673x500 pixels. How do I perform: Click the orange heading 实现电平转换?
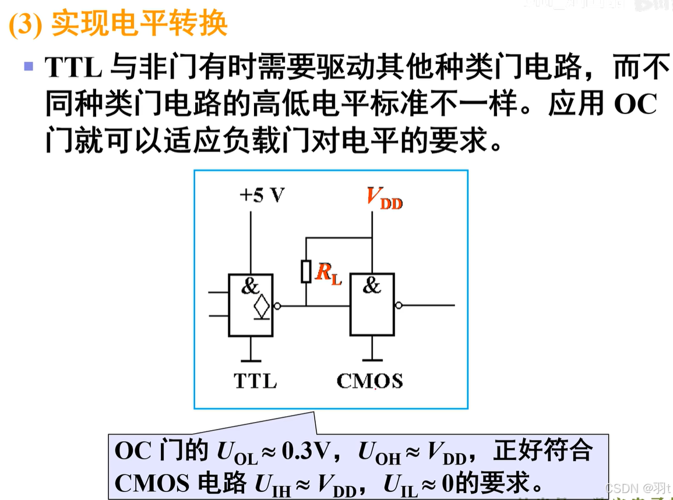point(139,24)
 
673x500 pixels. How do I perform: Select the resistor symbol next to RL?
point(306,272)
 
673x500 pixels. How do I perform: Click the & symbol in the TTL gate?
point(249,286)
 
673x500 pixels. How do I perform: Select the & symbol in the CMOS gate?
point(371,286)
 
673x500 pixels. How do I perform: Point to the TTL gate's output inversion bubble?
point(277,305)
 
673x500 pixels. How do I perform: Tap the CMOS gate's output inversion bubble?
point(399,305)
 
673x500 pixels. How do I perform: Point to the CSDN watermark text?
point(637,487)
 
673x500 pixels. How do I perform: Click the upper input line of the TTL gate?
point(219,293)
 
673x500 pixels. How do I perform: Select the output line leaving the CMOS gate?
point(428,305)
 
